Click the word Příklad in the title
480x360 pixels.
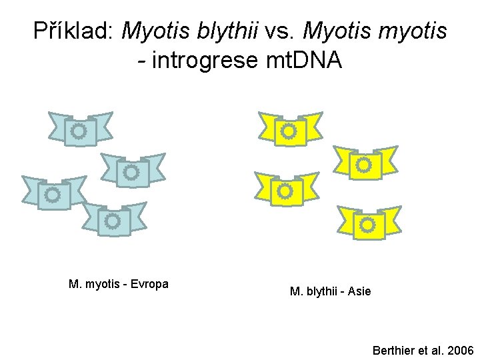74,31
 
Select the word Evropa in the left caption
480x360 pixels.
149,284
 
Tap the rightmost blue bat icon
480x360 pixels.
132,171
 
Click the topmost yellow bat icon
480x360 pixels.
289,130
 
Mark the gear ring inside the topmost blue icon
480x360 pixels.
79,131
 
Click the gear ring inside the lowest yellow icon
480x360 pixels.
367,225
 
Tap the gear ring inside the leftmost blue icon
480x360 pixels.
52,195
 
